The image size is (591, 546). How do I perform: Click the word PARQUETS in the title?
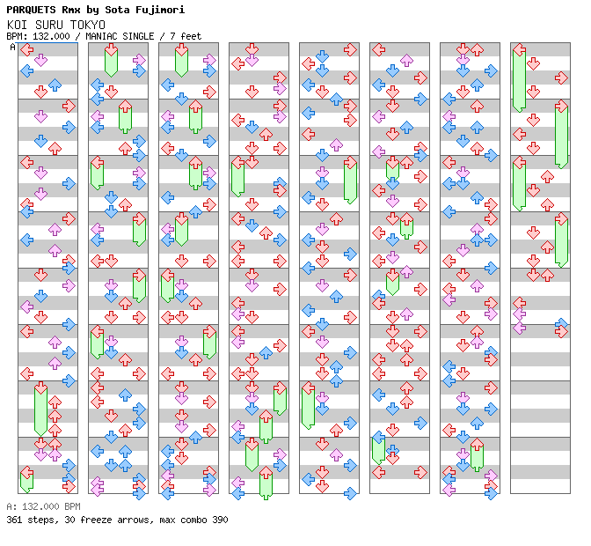(29, 10)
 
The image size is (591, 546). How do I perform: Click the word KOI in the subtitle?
(16, 25)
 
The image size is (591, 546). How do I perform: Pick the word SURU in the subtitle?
(46, 25)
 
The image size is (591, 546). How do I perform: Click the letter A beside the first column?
(13, 48)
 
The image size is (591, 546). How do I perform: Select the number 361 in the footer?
(14, 520)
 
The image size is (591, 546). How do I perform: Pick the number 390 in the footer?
(219, 520)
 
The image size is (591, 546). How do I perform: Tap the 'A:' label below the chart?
(11, 507)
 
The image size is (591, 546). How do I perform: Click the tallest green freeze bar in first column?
(40, 409)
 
